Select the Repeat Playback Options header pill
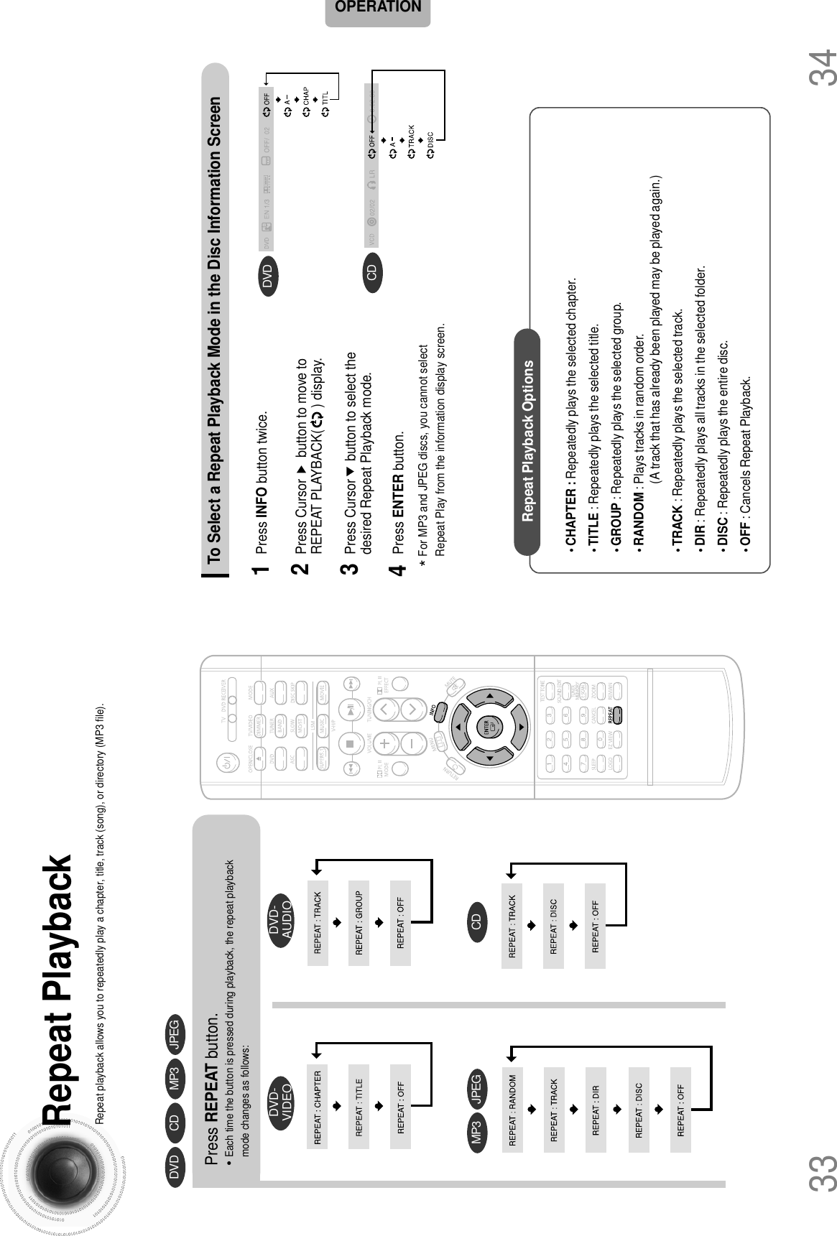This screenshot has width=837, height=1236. pos(527,440)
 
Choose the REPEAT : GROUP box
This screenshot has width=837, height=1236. pos(359,924)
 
